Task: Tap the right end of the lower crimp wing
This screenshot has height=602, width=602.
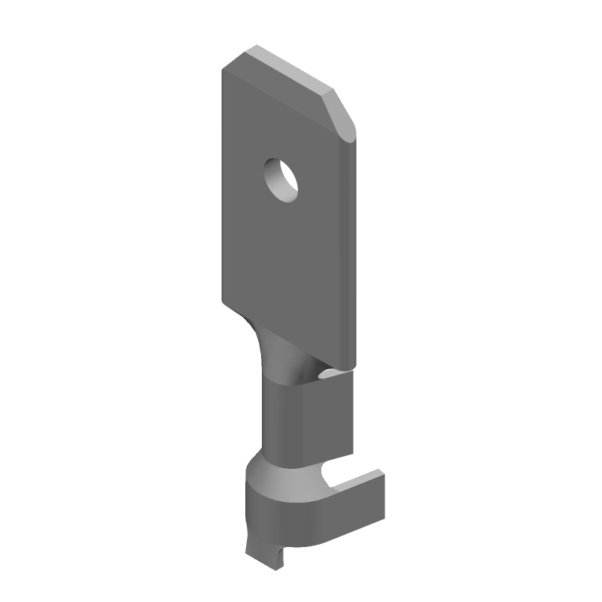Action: tap(380, 497)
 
